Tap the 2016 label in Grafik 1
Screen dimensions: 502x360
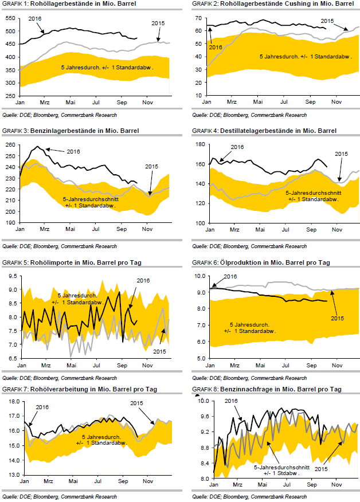coord(36,18)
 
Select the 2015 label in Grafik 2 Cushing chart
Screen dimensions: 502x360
coord(327,21)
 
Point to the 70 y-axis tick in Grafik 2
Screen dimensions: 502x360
coord(199,18)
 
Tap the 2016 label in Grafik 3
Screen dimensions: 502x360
coord(72,151)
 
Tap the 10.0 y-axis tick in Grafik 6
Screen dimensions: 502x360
coord(198,276)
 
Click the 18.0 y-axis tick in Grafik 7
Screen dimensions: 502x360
coord(11,401)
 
